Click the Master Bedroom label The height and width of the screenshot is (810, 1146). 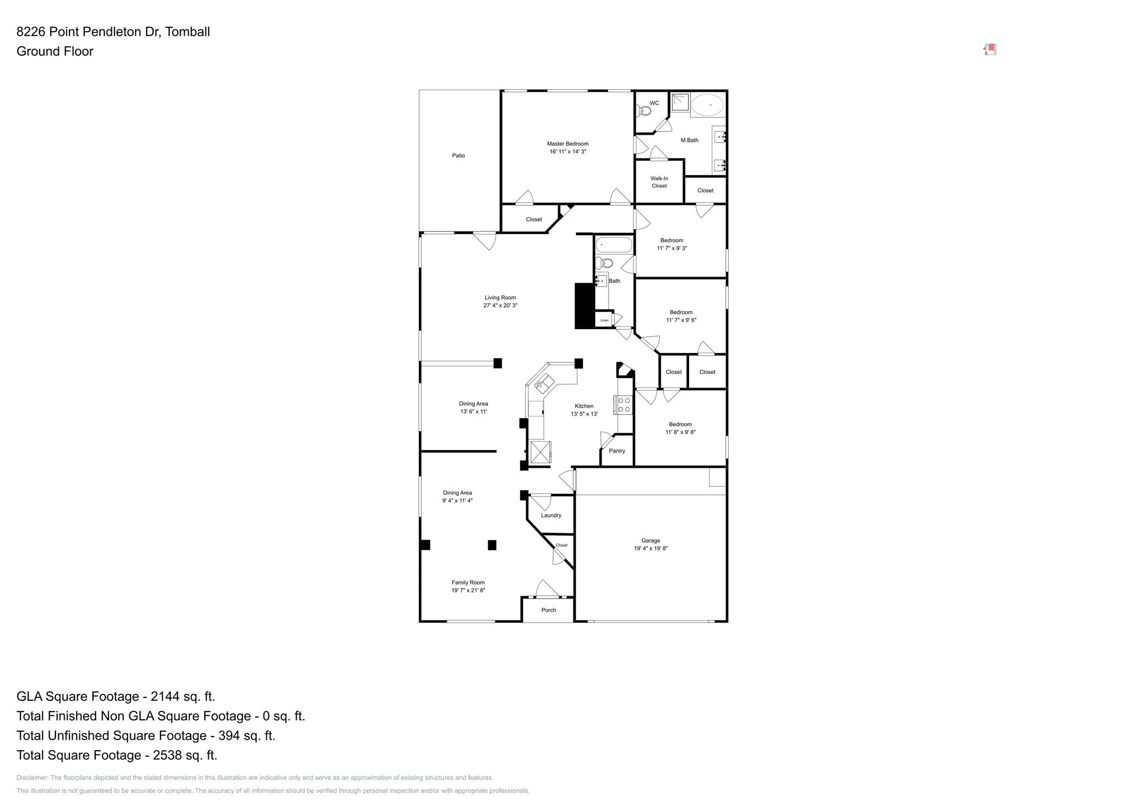(567, 144)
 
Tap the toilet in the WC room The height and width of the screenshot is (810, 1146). (644, 111)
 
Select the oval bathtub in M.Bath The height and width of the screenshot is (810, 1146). (707, 105)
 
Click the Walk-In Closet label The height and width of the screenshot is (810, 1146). (659, 182)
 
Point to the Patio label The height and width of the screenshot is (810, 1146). (458, 156)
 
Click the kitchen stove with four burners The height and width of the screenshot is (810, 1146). (624, 405)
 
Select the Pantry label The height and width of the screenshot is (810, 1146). (617, 451)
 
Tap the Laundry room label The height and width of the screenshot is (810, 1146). (550, 516)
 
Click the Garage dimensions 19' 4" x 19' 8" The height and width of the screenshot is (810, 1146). (650, 549)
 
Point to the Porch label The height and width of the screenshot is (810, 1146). (548, 610)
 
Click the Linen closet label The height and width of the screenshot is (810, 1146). (604, 321)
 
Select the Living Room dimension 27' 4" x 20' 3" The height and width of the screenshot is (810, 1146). (500, 306)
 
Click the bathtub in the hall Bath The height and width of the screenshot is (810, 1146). (613, 245)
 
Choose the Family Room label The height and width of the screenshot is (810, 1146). (467, 582)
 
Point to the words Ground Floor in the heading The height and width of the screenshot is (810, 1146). (55, 52)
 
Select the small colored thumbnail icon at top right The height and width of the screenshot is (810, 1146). (990, 50)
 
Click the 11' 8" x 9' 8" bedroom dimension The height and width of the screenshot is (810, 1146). (680, 432)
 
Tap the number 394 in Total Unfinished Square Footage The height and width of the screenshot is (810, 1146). (229, 736)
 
